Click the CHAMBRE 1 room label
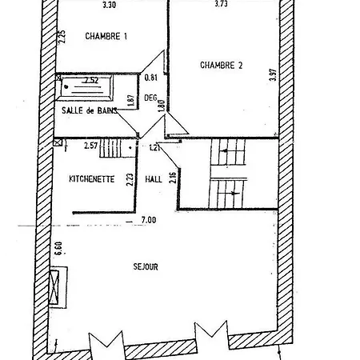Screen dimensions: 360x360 click(x=106, y=36)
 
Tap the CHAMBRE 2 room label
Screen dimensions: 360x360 click(x=222, y=65)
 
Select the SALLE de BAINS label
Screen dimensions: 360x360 click(x=90, y=110)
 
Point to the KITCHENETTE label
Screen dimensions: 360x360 click(x=92, y=178)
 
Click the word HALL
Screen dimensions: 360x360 click(x=154, y=179)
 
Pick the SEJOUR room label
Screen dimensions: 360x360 click(x=146, y=266)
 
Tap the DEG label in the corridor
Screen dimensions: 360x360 click(x=150, y=98)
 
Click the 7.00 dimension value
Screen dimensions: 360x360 click(x=149, y=220)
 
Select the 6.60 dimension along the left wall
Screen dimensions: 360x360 click(x=58, y=248)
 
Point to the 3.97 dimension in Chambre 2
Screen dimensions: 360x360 click(x=273, y=75)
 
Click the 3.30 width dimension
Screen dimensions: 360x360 click(x=109, y=5)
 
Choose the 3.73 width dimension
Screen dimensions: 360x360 click(x=221, y=3)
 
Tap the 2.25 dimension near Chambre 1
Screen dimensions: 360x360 click(x=62, y=36)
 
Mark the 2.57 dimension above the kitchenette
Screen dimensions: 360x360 click(x=91, y=146)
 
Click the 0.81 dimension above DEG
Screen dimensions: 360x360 click(x=151, y=78)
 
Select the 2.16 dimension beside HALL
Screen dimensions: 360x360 click(x=173, y=178)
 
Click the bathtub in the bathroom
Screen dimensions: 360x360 click(x=84, y=88)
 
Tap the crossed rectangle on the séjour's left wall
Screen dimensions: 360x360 click(x=54, y=287)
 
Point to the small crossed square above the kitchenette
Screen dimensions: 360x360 click(x=58, y=142)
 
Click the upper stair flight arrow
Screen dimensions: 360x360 click(x=226, y=151)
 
